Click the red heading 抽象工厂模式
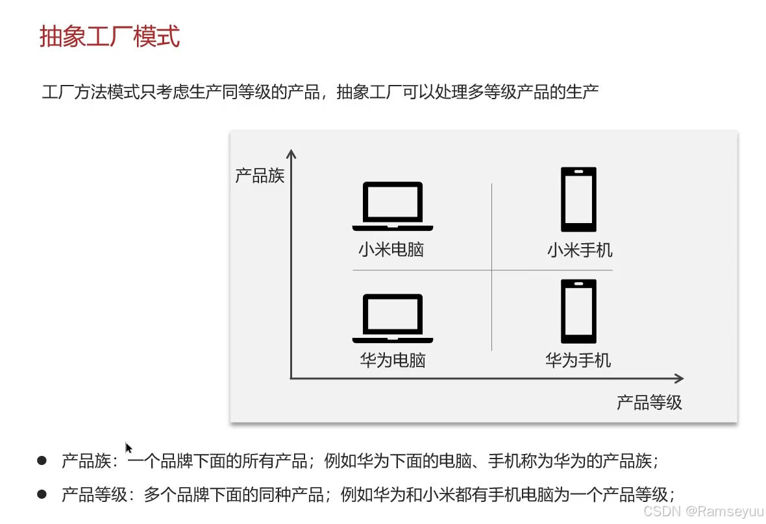point(109,37)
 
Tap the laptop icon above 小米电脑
point(393,206)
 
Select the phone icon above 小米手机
point(578,199)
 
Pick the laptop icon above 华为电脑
point(393,318)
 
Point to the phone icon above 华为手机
point(578,311)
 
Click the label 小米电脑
point(391,250)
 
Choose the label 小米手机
point(579,250)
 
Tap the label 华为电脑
point(393,360)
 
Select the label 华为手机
point(578,360)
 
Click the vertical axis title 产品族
point(260,175)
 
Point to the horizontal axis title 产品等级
point(649,403)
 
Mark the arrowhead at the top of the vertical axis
point(291,154)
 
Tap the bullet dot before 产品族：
point(42,460)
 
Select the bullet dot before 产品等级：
point(42,494)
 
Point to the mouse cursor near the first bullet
point(129,447)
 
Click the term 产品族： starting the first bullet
point(90,461)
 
